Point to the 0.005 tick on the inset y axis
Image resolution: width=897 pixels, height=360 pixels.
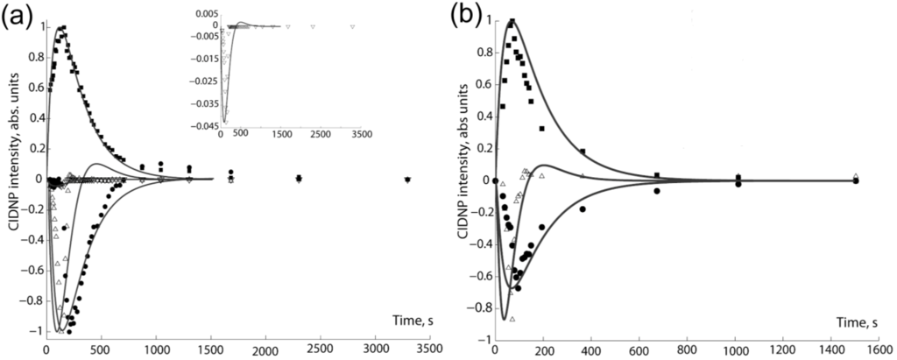(208, 14)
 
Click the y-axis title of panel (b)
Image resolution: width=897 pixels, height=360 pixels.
(462, 180)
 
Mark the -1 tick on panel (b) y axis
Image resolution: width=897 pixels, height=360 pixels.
(484, 339)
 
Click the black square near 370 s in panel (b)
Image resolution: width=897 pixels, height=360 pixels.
(583, 152)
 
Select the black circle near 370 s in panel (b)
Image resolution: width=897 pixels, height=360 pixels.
(583, 208)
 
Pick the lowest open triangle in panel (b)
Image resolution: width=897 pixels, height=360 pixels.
(512, 319)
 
